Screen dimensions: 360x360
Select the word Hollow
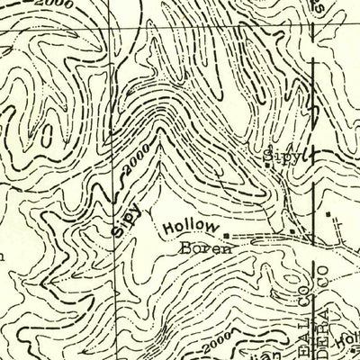click(x=191, y=229)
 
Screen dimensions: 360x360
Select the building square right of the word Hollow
click(x=226, y=238)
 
